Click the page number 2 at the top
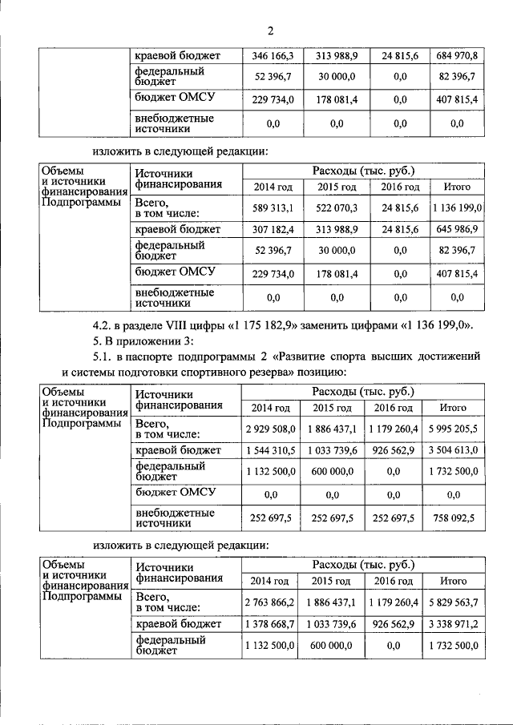click(270, 31)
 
